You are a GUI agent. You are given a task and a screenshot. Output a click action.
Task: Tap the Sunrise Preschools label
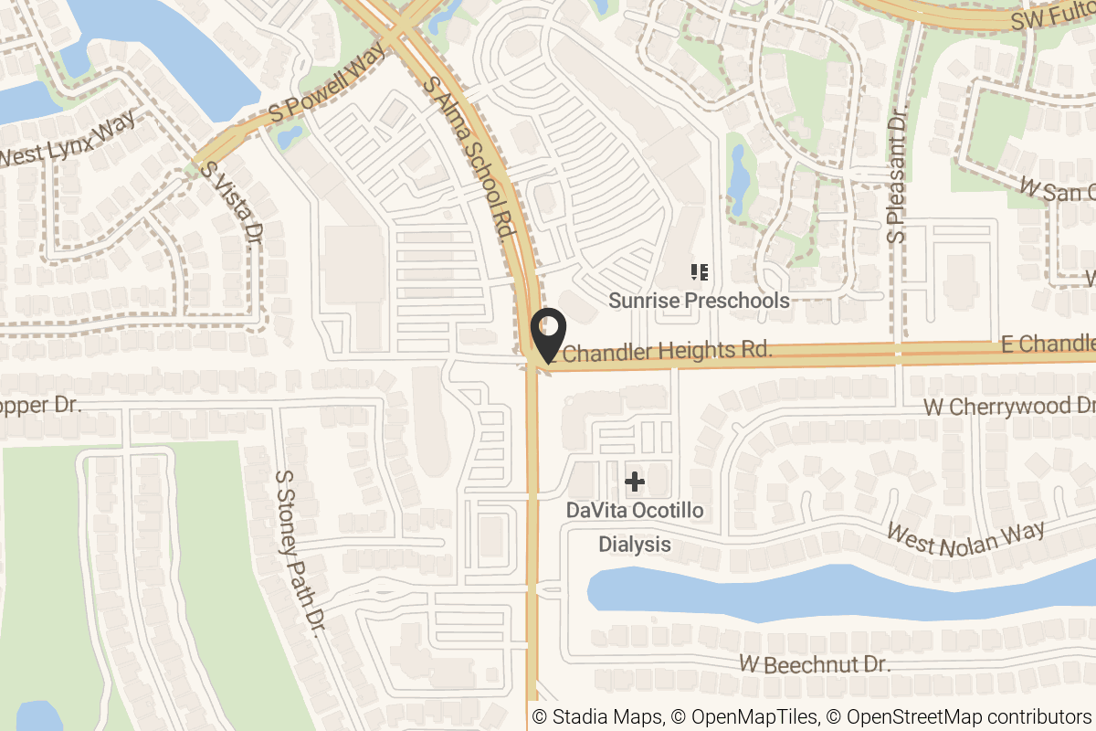(699, 300)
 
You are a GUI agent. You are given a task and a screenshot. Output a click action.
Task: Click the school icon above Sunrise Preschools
(700, 271)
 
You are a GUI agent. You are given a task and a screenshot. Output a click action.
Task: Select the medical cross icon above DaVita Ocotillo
(634, 482)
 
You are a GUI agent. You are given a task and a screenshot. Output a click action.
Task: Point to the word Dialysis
(635, 545)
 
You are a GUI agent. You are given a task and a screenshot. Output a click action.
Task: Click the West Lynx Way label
(68, 139)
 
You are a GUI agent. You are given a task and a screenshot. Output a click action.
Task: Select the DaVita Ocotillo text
(635, 510)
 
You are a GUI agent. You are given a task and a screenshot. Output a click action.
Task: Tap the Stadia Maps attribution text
(597, 717)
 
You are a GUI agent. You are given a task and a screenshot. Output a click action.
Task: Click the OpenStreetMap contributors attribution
(959, 717)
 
